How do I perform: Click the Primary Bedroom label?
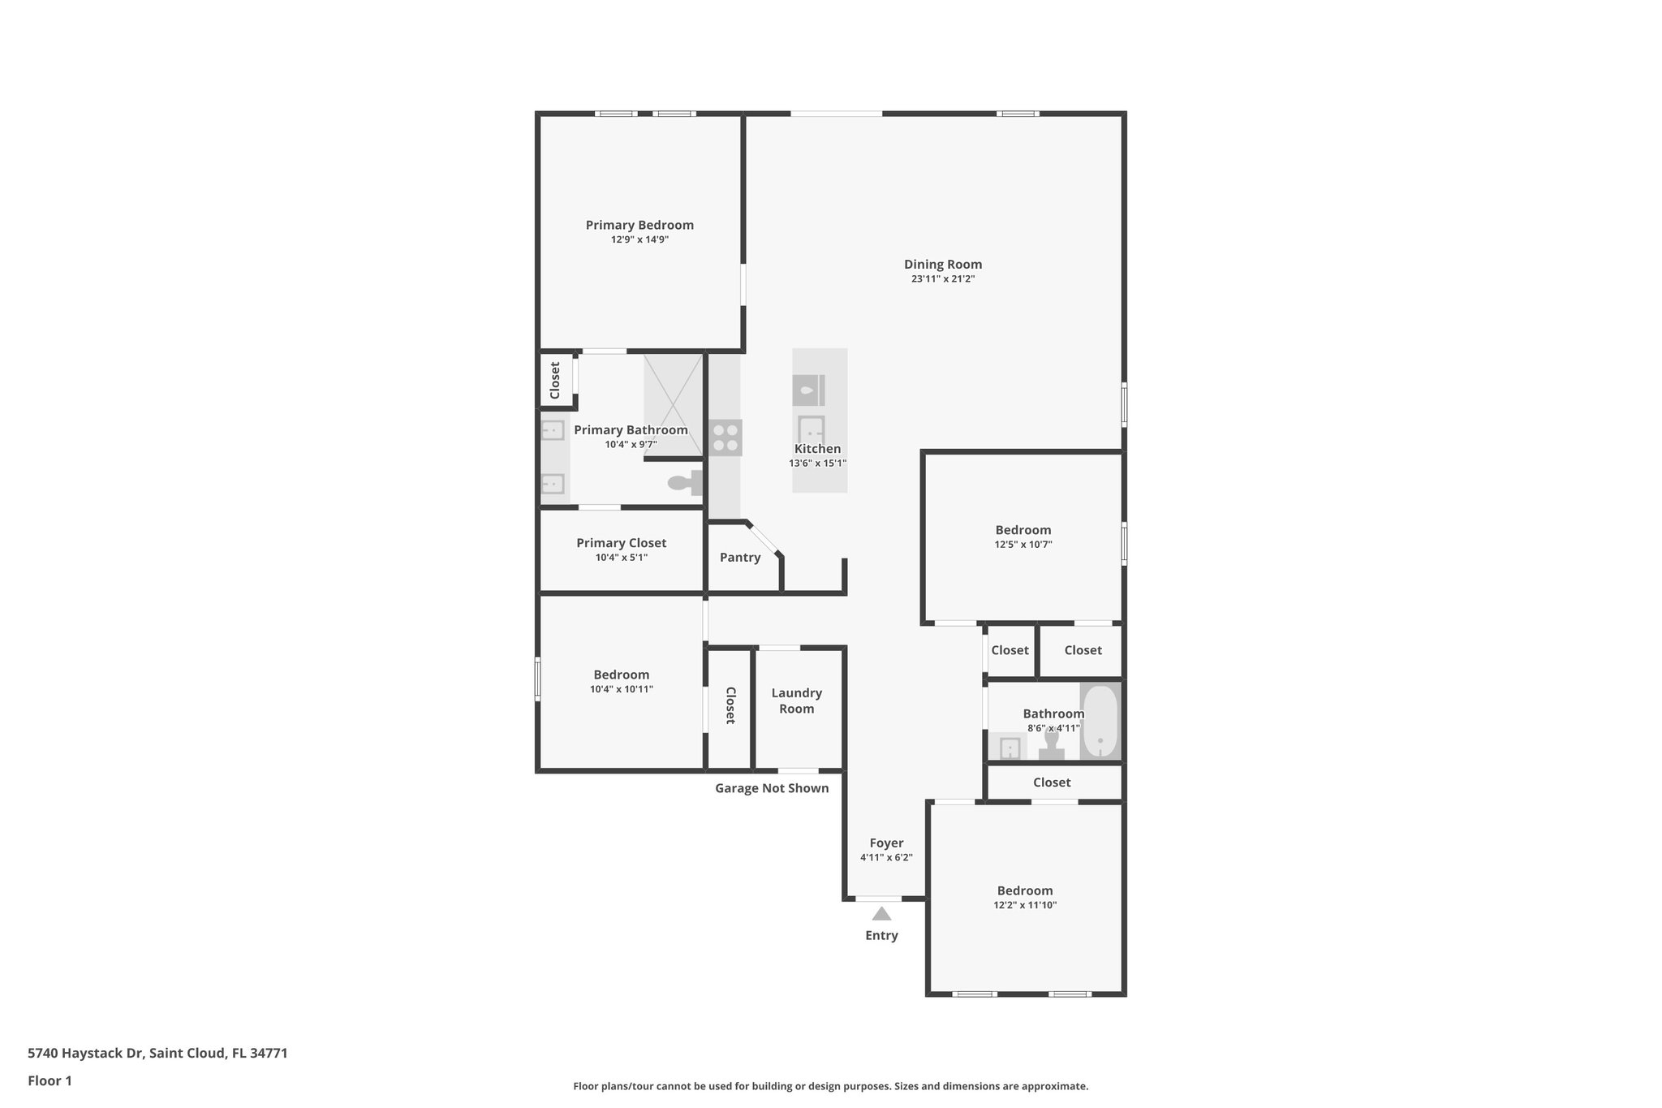click(639, 225)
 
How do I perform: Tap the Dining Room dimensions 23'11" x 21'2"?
click(942, 279)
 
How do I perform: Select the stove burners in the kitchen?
click(726, 438)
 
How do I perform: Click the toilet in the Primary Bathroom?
click(684, 483)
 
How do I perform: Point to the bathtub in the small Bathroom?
click(1100, 722)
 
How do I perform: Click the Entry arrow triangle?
click(881, 914)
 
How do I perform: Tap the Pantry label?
click(740, 558)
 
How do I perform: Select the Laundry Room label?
click(796, 701)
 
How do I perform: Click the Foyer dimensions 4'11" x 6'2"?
click(886, 858)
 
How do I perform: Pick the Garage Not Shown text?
click(772, 788)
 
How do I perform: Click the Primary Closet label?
click(621, 543)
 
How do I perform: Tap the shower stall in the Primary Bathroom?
click(673, 404)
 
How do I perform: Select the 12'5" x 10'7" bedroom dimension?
click(1023, 545)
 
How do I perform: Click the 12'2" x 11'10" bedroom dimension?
click(1025, 905)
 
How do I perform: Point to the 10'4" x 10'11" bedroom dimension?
click(621, 689)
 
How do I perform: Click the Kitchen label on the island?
click(817, 449)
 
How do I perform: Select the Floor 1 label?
click(50, 1080)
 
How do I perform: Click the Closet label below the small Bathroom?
click(1052, 782)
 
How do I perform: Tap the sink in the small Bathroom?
click(1010, 747)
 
